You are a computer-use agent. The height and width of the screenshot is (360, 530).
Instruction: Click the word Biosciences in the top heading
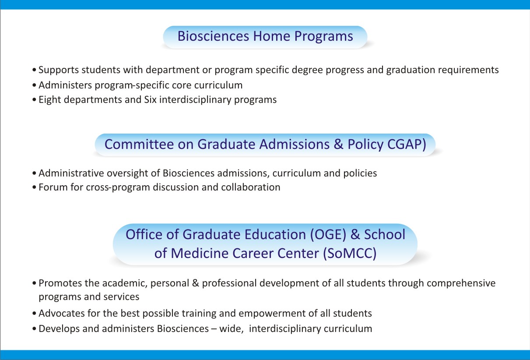(x=214, y=36)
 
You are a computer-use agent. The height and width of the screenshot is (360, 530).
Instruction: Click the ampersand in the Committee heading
(x=338, y=144)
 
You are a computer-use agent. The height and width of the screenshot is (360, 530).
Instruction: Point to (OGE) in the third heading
(x=328, y=235)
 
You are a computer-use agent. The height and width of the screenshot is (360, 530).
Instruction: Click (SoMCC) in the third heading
(x=350, y=254)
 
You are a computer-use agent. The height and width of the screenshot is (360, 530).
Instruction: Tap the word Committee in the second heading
(x=139, y=144)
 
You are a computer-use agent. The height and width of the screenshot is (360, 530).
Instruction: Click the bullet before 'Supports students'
(x=34, y=70)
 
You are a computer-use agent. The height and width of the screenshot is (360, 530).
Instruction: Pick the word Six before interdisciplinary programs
(x=151, y=100)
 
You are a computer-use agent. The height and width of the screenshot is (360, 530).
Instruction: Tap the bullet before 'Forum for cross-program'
(x=34, y=187)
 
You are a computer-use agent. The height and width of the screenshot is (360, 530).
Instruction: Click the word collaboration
(x=251, y=187)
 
